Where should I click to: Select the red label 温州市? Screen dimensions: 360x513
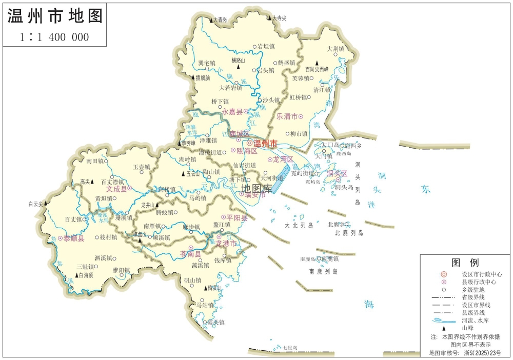click(x=265, y=143)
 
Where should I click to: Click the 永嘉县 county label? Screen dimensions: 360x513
click(x=232, y=111)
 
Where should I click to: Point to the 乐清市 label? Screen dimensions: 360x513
click(x=287, y=116)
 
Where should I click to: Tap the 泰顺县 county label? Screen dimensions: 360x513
click(x=74, y=238)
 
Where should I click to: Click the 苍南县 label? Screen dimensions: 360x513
click(x=190, y=254)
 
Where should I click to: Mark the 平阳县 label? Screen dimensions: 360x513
click(x=237, y=218)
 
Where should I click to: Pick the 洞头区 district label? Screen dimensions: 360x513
click(x=337, y=174)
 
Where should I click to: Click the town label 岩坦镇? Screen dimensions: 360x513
click(x=267, y=46)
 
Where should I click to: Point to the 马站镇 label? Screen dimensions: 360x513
click(x=204, y=305)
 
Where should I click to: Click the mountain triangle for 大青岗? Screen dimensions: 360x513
click(x=211, y=20)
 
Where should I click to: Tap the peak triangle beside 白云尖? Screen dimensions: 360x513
click(x=47, y=203)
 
